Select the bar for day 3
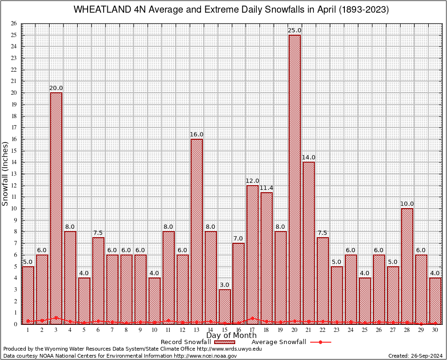[x=56, y=208]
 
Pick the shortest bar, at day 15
[x=224, y=307]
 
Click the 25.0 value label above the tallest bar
[x=295, y=30]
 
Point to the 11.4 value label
[x=267, y=188]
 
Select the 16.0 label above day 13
[x=196, y=135]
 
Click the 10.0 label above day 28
[x=407, y=204]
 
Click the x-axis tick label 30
[x=435, y=330]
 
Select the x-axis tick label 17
[x=253, y=330]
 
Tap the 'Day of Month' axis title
[x=231, y=336]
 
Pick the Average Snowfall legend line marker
[x=320, y=342]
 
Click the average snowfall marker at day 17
[x=253, y=318]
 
